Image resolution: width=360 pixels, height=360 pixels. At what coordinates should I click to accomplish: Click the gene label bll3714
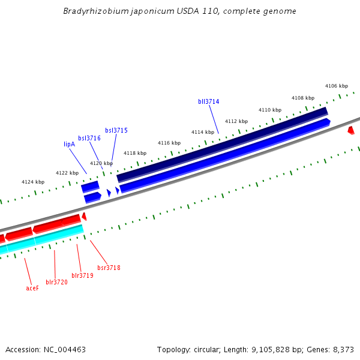click(208, 102)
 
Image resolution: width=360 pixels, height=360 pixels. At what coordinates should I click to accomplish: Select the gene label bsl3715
click(116, 130)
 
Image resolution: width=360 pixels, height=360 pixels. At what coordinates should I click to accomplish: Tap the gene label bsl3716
click(89, 138)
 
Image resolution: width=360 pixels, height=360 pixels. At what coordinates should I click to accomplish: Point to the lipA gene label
click(69, 144)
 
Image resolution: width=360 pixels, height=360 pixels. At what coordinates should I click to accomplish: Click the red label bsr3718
click(109, 268)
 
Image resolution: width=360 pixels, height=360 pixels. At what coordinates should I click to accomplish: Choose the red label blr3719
click(82, 275)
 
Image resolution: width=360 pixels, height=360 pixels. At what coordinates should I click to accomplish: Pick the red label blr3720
click(56, 282)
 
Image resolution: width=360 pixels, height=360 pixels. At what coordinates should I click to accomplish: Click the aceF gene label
click(32, 288)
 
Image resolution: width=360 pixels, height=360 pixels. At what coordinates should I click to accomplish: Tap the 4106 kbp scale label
click(336, 86)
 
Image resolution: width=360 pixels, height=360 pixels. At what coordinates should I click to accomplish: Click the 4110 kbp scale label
click(270, 110)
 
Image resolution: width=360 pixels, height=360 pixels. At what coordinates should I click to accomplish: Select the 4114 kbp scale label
click(203, 132)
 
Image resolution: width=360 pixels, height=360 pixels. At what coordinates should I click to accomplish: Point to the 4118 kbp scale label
click(135, 153)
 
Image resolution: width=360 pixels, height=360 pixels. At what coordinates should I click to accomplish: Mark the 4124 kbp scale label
click(33, 182)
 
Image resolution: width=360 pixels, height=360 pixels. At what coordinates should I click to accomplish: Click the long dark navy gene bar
click(222, 144)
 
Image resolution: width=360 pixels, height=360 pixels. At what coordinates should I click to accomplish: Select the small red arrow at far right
click(351, 130)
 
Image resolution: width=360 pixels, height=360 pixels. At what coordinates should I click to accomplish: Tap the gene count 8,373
click(343, 349)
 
